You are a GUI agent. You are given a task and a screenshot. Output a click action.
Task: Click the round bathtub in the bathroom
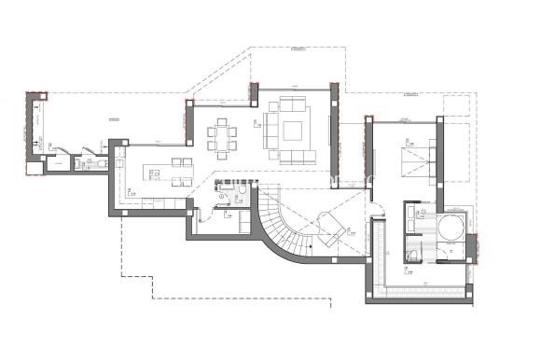tap(451, 227)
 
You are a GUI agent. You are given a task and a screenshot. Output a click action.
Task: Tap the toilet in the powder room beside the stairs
tap(241, 193)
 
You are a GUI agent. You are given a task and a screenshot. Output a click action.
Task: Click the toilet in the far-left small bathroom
tap(100, 163)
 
